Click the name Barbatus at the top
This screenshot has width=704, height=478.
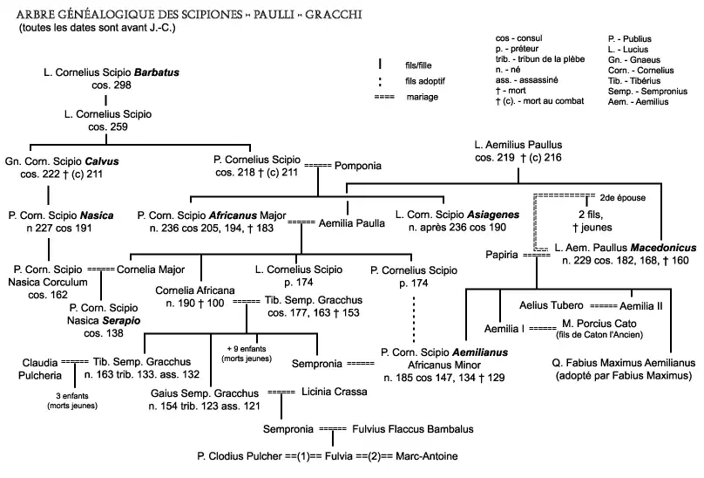(154, 71)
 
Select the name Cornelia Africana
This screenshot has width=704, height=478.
(194, 289)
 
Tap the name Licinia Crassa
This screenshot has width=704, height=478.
(332, 393)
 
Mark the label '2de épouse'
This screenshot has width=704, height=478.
(623, 198)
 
